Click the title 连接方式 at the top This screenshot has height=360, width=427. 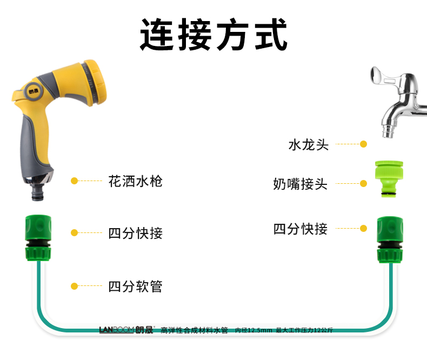pos(213,34)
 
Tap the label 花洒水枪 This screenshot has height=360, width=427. pos(135,181)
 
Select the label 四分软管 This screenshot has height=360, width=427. pos(135,286)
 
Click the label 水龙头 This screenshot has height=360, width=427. pos(309,145)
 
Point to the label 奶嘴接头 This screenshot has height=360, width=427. pos(301,184)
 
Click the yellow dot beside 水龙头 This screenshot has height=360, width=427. pos(364,144)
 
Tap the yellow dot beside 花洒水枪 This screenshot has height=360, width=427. pos(75,181)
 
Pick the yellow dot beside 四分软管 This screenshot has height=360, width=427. pos(75,286)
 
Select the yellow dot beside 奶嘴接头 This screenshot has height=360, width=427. pos(364,184)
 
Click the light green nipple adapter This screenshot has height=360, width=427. pos(389,178)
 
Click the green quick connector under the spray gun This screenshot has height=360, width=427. pos(38,238)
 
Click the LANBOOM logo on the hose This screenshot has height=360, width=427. pos(116,330)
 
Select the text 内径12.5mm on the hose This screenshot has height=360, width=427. pos(253,330)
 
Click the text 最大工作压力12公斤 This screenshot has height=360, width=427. pos(304,330)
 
